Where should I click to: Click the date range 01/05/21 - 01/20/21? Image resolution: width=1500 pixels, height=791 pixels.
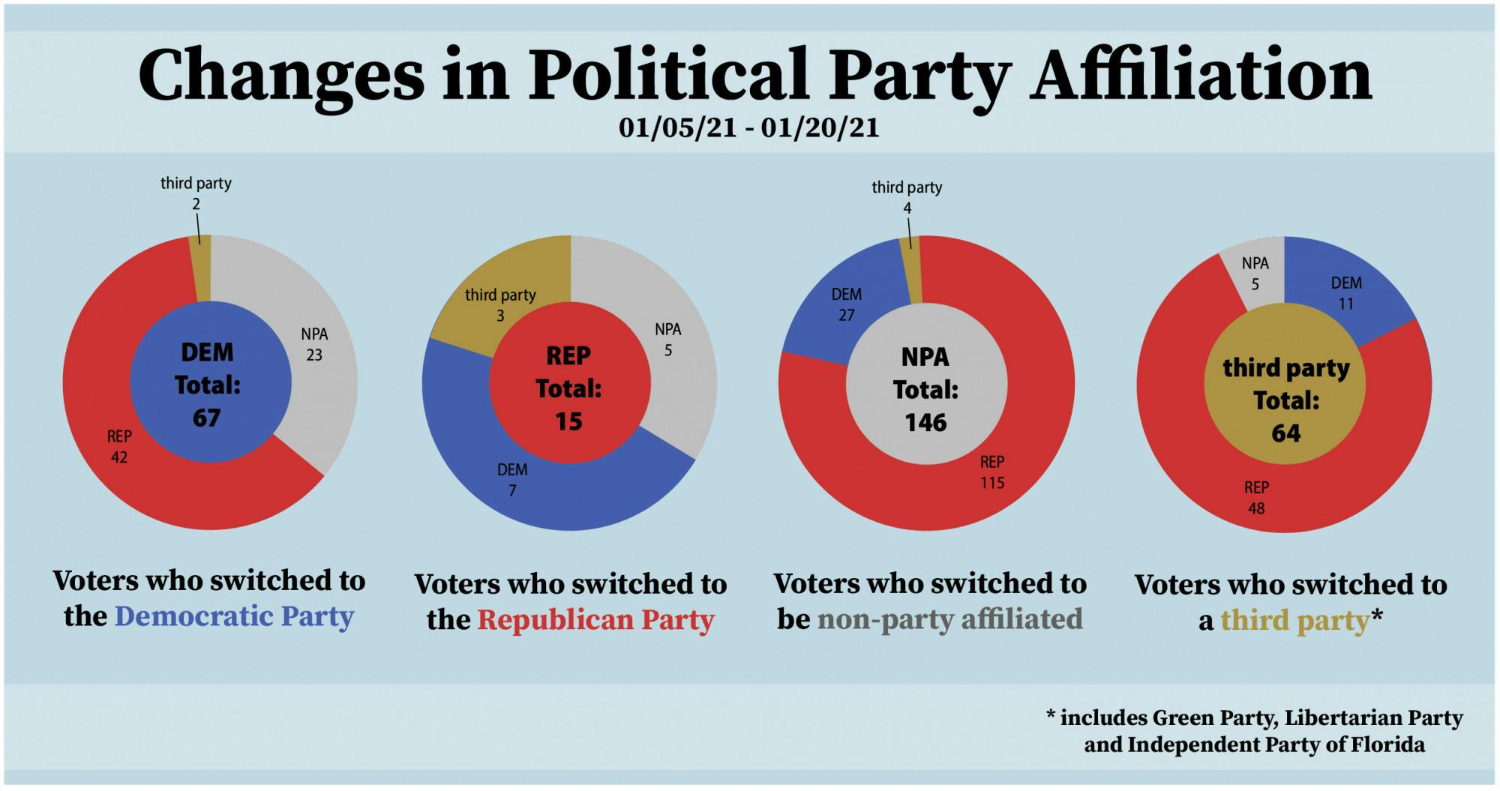[748, 127]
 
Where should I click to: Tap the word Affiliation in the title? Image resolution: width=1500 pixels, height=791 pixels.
[1200, 75]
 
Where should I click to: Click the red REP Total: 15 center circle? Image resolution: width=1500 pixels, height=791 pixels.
[568, 388]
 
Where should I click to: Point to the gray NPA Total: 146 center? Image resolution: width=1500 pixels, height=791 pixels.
[925, 389]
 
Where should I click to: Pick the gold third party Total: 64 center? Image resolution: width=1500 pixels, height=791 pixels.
[1285, 400]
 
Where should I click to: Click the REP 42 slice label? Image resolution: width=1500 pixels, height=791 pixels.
[119, 447]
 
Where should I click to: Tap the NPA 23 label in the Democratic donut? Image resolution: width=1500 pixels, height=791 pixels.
[314, 344]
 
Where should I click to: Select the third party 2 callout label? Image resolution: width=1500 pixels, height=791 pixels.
[196, 193]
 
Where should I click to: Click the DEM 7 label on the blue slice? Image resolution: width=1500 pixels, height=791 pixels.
[512, 480]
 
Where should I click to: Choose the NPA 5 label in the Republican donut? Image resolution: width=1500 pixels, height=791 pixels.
[667, 340]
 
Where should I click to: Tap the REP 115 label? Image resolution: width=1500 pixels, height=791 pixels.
[992, 472]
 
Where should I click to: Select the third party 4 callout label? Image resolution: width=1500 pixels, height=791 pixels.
[907, 196]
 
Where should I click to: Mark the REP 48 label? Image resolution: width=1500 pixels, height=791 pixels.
[1256, 498]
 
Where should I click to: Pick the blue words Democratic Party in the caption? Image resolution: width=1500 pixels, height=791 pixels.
[234, 616]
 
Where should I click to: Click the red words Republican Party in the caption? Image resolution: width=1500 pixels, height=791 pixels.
[595, 620]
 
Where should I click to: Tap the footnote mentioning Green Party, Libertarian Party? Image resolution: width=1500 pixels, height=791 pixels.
[1255, 731]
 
